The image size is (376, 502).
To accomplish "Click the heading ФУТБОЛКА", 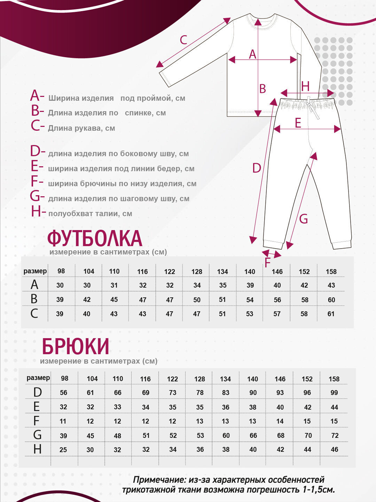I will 95,238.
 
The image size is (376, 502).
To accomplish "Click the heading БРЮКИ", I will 76,347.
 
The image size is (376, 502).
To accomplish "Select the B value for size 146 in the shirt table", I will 277,300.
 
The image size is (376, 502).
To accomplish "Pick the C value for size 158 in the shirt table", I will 331,314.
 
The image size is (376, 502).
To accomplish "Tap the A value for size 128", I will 197,286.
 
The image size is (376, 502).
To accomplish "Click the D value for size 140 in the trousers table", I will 253,393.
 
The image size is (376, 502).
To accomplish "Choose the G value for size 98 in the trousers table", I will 63,436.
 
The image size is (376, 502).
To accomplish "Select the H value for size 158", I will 334,450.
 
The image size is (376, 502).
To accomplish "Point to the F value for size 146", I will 280,421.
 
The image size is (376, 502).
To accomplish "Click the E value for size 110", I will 118,407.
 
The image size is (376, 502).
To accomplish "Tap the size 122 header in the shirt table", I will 170,272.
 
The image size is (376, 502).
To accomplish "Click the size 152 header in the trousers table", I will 307,379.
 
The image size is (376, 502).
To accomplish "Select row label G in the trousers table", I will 37,435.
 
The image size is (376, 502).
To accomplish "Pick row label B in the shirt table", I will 34,299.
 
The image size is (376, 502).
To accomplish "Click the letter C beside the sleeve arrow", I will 183,40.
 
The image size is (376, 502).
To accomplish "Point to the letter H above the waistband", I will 305,86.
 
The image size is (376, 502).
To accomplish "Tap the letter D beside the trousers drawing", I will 257,168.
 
